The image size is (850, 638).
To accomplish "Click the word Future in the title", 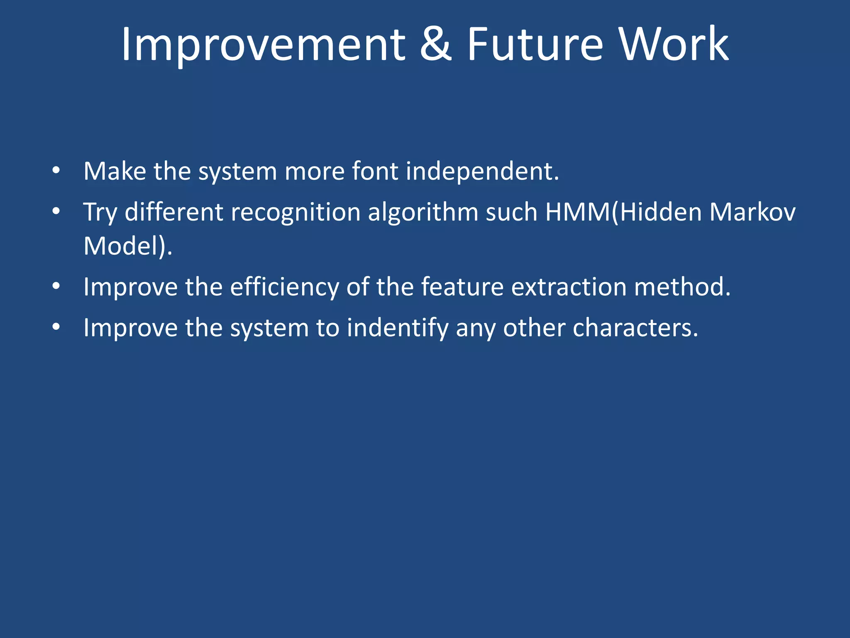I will tap(535, 45).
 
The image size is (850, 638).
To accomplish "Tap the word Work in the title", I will tap(674, 45).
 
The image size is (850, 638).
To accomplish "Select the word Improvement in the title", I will tap(263, 45).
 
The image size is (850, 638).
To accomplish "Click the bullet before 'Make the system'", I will tap(56, 171).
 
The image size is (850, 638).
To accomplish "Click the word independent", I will tap(481, 172).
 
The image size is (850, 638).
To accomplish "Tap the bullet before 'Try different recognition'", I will tap(56, 212).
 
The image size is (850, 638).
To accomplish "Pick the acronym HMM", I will tap(577, 212).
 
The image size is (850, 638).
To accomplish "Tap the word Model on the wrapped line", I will tap(120, 246).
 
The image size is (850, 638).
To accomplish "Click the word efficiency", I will tap(284, 287).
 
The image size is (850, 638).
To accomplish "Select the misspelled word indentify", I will tap(398, 328).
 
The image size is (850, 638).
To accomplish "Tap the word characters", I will tap(635, 328).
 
